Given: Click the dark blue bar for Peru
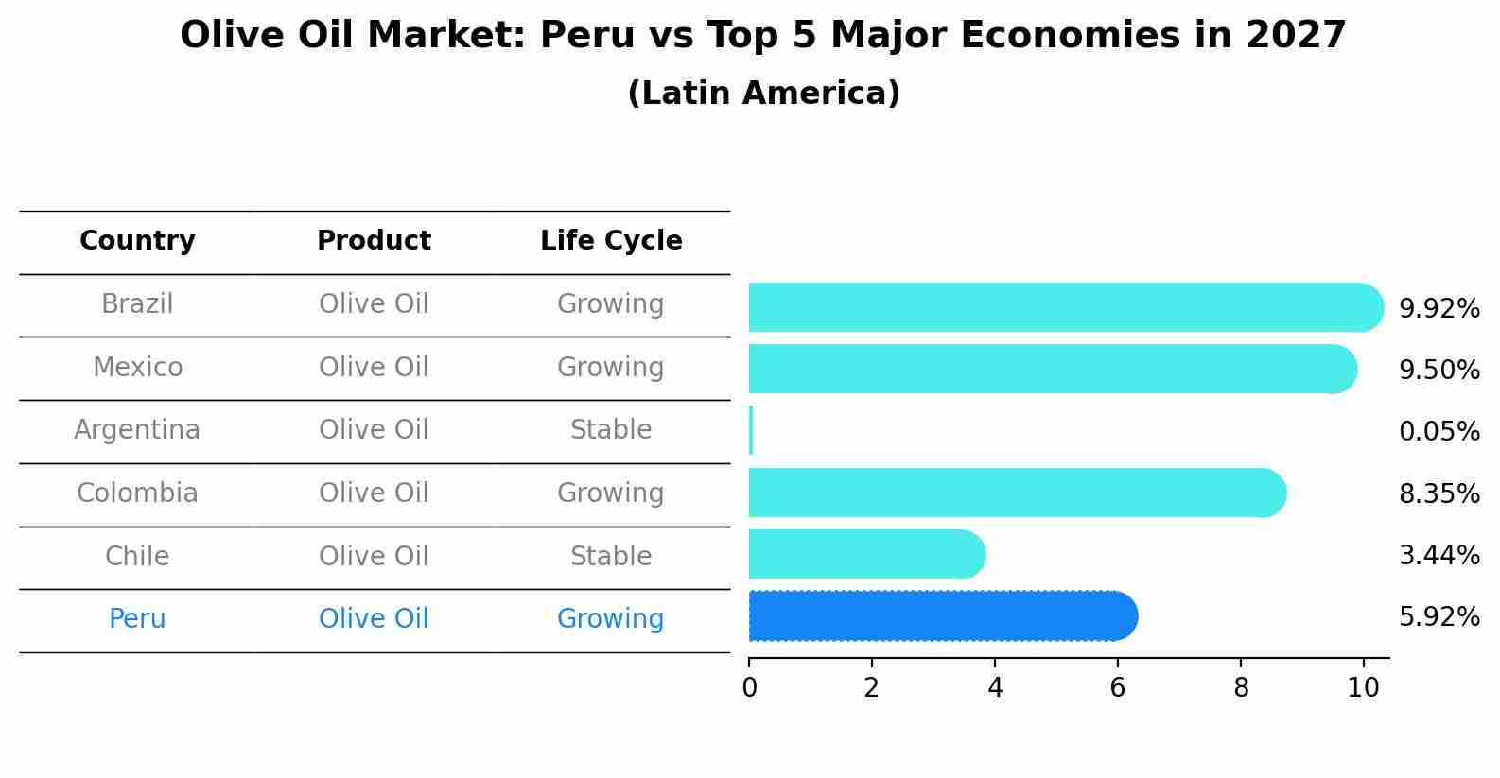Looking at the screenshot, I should click(941, 616).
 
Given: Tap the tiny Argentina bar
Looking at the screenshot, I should click(751, 430).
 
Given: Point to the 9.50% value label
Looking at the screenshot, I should click(1439, 370).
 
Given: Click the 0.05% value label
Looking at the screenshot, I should click(1439, 432).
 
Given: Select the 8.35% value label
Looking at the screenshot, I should click(1439, 493).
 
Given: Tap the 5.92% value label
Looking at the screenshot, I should click(1439, 617).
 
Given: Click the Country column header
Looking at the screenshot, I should click(137, 241).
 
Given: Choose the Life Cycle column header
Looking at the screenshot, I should click(611, 241).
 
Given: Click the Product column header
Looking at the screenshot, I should click(374, 241).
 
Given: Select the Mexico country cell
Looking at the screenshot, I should click(137, 367).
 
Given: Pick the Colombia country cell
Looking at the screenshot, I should click(137, 493).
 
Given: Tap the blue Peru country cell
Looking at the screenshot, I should click(137, 618).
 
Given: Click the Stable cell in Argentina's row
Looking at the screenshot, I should click(611, 430).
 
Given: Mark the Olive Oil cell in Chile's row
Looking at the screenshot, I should click(374, 556).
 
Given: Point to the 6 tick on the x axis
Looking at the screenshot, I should click(1117, 687).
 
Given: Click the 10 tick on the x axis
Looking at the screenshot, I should click(1363, 687).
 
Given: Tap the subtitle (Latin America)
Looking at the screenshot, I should click(763, 94).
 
